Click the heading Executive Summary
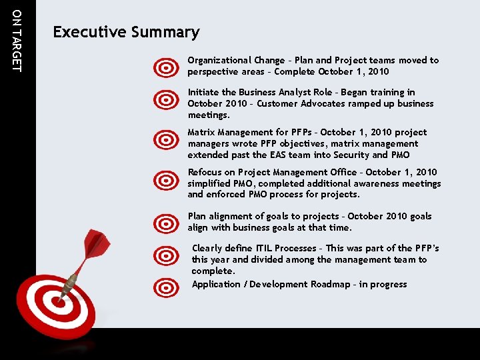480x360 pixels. pyautogui.click(x=126, y=32)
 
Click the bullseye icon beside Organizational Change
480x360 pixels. pyautogui.click(x=165, y=67)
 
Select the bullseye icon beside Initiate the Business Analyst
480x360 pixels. pyautogui.click(x=165, y=101)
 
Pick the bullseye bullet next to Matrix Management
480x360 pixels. pyautogui.click(x=165, y=140)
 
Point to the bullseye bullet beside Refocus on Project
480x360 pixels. pyautogui.click(x=165, y=181)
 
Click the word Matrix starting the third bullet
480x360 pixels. pyautogui.click(x=201, y=132)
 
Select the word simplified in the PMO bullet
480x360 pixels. pyautogui.click(x=211, y=183)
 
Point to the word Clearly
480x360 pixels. pyautogui.click(x=207, y=248)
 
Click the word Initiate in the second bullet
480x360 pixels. pyautogui.click(x=203, y=92)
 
